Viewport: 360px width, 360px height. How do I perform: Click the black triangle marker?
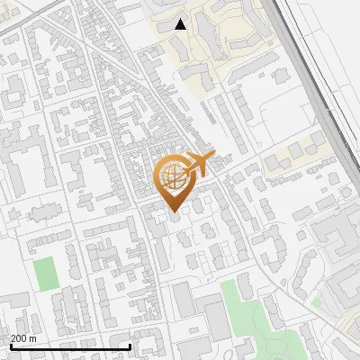pyautogui.click(x=181, y=24)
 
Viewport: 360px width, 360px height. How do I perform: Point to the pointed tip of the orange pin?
pyautogui.click(x=173, y=212)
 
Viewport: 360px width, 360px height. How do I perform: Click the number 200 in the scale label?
pyautogui.click(x=18, y=339)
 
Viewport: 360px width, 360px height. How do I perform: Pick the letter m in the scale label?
pyautogui.click(x=33, y=339)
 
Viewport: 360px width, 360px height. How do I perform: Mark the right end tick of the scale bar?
pyautogui.click(x=130, y=346)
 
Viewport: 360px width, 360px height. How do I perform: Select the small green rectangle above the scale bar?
pyautogui.click(x=44, y=274)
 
